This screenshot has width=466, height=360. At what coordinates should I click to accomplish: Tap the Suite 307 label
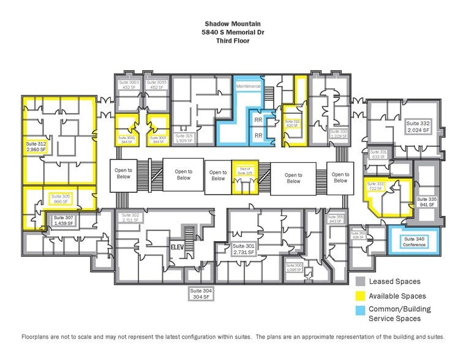[x=62, y=220]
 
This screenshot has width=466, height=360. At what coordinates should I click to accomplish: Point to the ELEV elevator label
[x=177, y=247]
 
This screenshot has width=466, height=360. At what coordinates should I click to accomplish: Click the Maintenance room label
[x=248, y=86]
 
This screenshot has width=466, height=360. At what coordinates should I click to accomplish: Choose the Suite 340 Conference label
[x=414, y=242]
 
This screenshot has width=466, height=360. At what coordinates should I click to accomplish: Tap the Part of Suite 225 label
[x=244, y=170]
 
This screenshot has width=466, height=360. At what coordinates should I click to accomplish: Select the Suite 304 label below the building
[x=200, y=293]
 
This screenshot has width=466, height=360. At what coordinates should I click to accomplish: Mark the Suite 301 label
[x=243, y=249]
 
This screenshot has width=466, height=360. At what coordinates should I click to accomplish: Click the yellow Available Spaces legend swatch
[x=361, y=296]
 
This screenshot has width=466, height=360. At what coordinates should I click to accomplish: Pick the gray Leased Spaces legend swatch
[x=361, y=281]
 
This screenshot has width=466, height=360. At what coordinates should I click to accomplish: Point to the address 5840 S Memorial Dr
[x=233, y=33]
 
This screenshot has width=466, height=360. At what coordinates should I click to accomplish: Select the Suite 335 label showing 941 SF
[x=427, y=202]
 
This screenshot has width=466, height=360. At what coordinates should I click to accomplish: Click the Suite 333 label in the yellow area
[x=374, y=186]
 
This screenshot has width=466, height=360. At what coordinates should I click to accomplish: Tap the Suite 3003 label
[x=129, y=84]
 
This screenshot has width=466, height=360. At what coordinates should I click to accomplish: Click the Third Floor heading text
[x=233, y=41]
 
